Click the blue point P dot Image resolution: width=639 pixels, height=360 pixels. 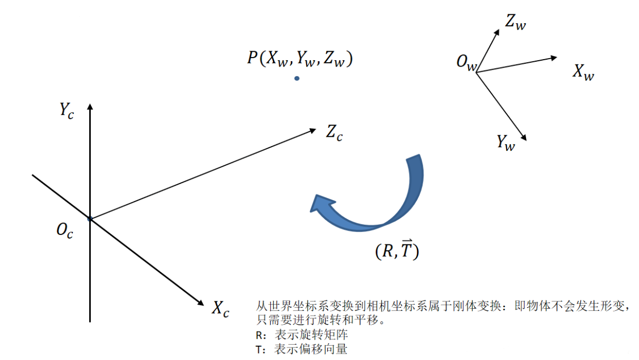pos(297,78)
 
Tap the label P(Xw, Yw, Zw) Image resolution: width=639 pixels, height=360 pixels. pos(300,59)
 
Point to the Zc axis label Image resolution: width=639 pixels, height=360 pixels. pos(334,132)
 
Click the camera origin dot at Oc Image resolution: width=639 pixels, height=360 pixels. pos(90,219)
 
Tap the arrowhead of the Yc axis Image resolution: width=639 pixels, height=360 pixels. pos(90,107)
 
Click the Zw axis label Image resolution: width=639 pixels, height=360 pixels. pos(515,23)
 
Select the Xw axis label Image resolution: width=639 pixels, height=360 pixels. pos(583,72)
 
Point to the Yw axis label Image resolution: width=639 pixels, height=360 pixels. pos(505,143)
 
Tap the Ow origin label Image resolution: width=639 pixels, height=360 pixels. pos(466,63)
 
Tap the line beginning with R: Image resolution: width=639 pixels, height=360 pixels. pos(301,335)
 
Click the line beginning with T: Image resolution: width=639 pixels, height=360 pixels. pos(301,349)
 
